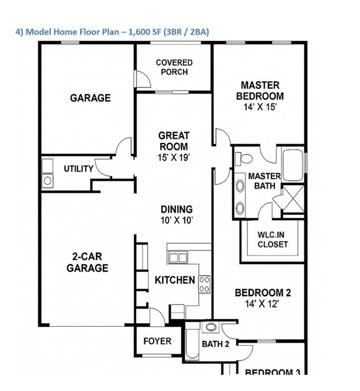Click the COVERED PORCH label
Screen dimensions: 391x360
tap(174, 67)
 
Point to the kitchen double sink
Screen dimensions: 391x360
tap(178, 258)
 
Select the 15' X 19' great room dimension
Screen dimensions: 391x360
tap(174, 158)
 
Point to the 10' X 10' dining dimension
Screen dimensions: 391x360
tap(177, 220)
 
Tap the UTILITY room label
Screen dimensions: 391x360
tap(79, 169)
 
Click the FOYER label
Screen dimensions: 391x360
tap(157, 341)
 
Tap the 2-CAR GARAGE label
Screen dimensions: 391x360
tap(87, 263)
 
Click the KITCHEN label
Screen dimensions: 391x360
tap(175, 280)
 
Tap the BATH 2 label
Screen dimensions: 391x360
tap(215, 344)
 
